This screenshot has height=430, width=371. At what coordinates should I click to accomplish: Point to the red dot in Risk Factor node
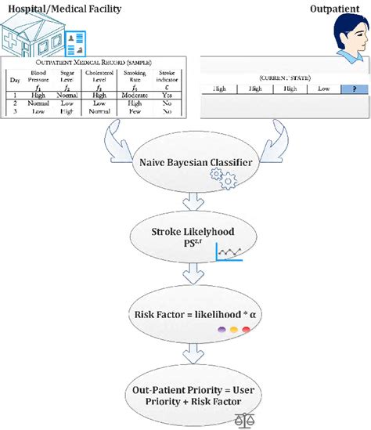(246, 330)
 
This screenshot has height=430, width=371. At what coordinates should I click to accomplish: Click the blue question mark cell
(355, 89)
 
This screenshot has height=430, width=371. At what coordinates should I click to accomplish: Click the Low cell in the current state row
(323, 89)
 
